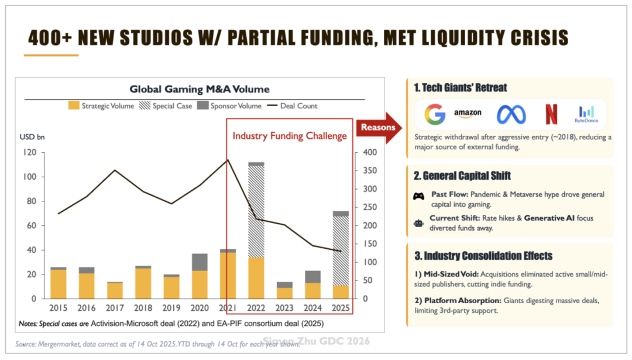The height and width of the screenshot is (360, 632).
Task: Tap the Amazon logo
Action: [467, 113]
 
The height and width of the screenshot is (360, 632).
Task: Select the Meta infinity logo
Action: [511, 114]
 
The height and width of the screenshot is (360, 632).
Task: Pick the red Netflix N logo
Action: [551, 114]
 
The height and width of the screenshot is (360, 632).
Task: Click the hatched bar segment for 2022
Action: [256, 211]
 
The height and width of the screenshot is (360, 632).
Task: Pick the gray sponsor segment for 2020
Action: [200, 262]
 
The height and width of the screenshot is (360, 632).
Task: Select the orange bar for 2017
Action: [115, 291]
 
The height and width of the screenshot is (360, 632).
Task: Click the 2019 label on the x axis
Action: [171, 308]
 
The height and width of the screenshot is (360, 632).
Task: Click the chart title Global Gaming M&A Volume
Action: [200, 90]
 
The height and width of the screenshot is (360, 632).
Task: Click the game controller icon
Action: [418, 196]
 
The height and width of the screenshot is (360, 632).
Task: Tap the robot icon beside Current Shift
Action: [418, 222]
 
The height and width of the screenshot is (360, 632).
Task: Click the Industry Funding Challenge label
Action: [290, 136]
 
